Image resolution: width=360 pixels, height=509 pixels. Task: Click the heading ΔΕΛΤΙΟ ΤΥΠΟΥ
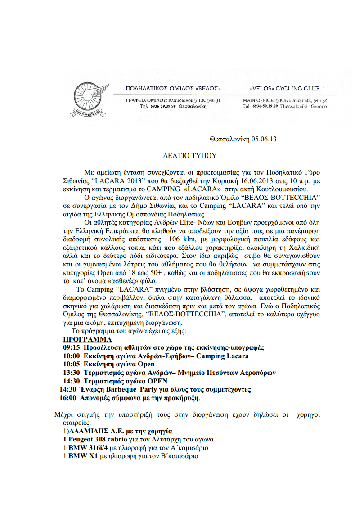[189, 156]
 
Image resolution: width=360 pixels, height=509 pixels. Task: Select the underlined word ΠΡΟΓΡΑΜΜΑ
[87, 339]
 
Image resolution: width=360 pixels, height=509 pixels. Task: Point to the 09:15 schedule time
[71, 348]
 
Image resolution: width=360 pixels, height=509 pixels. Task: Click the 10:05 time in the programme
[71, 364]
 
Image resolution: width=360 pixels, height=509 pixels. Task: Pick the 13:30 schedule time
[71, 372]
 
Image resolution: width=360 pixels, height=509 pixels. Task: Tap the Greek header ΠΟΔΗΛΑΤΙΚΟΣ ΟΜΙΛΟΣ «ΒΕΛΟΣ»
[173, 88]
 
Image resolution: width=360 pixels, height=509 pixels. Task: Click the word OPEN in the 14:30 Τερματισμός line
[158, 381]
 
